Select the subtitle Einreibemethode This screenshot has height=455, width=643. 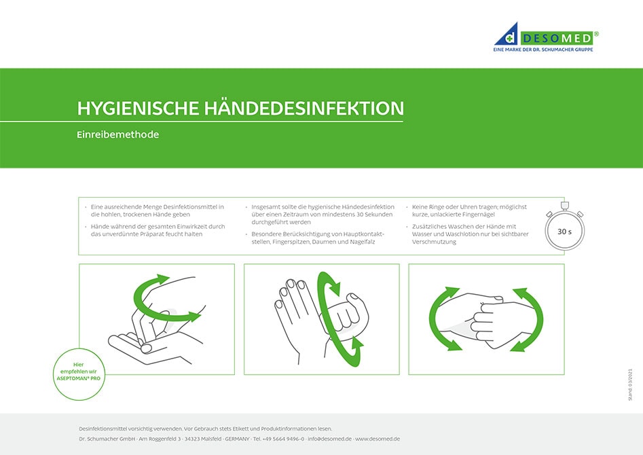point(117,134)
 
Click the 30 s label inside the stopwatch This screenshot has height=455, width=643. point(564,232)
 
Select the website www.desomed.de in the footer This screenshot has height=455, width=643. point(378,439)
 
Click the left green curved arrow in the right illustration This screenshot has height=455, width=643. point(435,319)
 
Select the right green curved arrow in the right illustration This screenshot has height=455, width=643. point(532,319)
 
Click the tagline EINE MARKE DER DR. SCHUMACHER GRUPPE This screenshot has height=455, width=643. point(547,50)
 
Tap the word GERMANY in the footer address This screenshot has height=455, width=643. point(237,439)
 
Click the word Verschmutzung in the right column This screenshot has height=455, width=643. point(435,242)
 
